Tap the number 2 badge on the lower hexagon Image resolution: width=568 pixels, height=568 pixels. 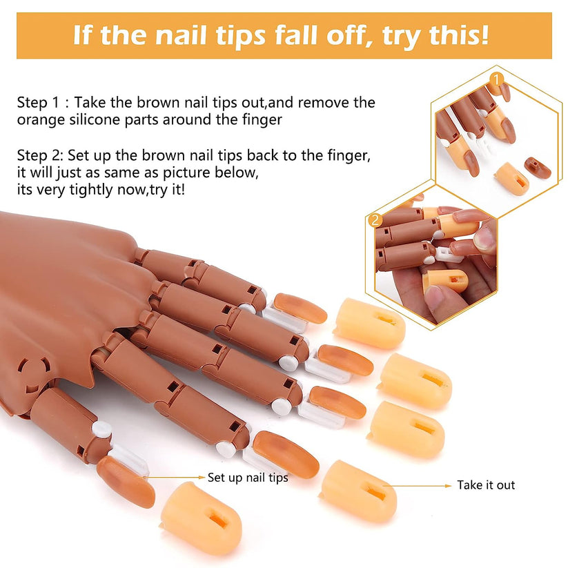pos(375,221)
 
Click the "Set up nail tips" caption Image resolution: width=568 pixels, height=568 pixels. pos(248,477)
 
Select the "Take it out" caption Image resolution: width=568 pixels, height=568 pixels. pos(486,485)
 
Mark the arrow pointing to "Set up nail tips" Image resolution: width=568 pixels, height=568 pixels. pos(176,476)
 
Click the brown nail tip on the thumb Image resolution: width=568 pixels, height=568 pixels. pos(125,480)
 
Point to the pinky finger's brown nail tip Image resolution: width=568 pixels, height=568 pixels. pos(300,309)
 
